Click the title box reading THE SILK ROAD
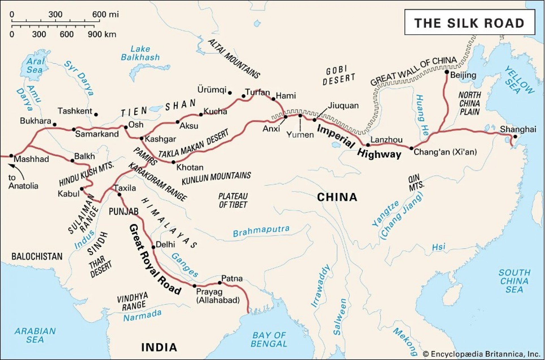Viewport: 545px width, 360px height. click(469, 22)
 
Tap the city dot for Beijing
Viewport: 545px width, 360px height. click(447, 72)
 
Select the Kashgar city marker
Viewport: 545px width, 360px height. click(142, 138)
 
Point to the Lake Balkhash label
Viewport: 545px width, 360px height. click(140, 53)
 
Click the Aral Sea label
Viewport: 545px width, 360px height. click(35, 65)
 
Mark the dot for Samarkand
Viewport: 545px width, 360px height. click(74, 129)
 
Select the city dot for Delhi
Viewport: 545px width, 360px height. click(154, 247)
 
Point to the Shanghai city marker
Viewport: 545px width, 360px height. click(515, 136)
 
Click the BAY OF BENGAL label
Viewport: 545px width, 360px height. click(269, 339)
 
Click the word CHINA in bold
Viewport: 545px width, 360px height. click(337, 197)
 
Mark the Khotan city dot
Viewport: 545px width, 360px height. click(173, 162)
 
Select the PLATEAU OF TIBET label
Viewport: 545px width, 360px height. click(233, 200)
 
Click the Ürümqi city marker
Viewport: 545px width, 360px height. click(230, 93)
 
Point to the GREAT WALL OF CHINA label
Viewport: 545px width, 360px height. click(414, 71)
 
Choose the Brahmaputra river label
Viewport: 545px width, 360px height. click(261, 231)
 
